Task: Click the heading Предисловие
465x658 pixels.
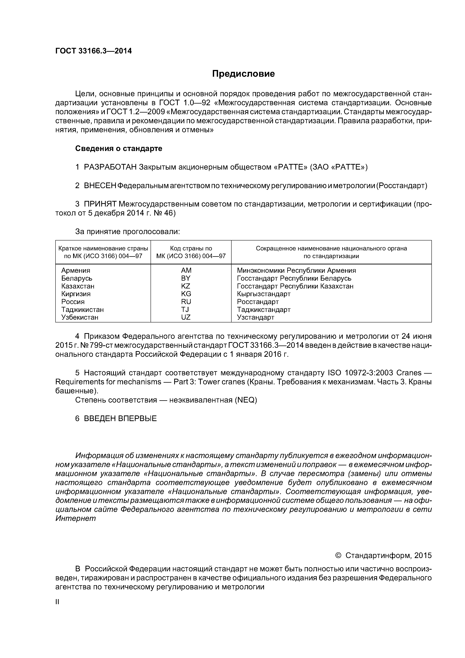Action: [243, 74]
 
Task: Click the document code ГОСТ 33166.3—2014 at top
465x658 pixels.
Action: [93, 51]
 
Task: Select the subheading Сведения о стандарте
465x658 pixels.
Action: [119, 148]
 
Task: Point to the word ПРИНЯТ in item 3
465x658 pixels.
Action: [100, 204]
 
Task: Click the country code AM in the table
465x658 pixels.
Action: [186, 270]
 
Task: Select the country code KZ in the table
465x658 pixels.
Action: [186, 286]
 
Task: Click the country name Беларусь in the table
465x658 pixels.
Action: [77, 278]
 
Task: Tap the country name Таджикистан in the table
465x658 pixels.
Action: [82, 309]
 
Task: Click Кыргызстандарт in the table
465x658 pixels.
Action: [264, 294]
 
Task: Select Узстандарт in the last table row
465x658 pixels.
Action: [256, 317]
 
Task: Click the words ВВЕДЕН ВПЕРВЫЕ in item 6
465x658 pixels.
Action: [120, 419]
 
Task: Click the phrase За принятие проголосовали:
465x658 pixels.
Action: [127, 232]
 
